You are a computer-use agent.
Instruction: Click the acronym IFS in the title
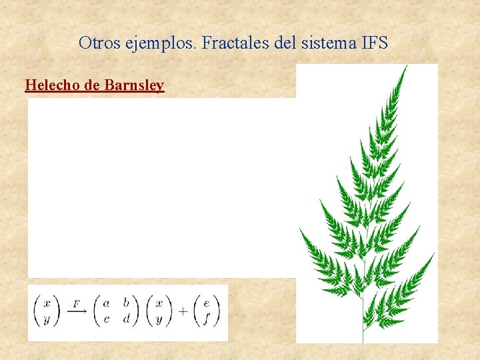(374, 43)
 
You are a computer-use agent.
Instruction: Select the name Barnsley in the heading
(134, 85)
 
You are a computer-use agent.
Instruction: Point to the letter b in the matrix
(127, 303)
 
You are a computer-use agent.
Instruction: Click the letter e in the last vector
(207, 303)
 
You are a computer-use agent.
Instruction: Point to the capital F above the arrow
(76, 304)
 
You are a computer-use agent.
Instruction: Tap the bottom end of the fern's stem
(363, 341)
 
